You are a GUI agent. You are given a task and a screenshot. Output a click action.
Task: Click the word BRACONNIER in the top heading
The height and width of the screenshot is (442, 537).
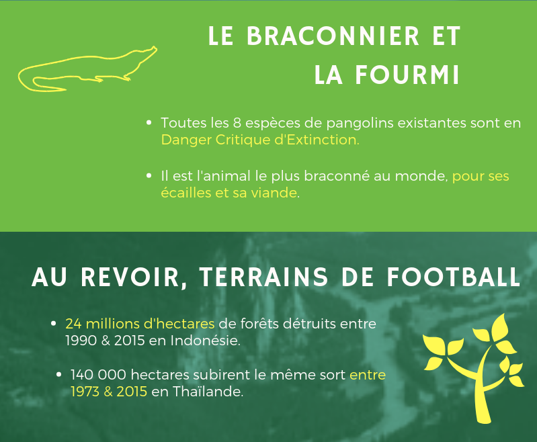(333, 36)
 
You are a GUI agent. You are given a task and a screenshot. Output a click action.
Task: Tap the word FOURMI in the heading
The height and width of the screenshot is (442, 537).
(407, 75)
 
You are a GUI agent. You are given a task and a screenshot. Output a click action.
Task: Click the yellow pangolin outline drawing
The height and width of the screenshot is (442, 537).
(87, 69)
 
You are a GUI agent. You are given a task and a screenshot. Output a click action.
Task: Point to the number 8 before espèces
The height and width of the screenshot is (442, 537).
(237, 123)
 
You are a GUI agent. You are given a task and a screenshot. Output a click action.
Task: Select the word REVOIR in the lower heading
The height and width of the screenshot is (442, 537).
(130, 277)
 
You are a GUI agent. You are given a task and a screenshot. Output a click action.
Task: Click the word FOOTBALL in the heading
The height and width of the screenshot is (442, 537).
(454, 277)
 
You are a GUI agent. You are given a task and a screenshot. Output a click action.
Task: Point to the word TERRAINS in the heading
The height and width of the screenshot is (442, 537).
(264, 277)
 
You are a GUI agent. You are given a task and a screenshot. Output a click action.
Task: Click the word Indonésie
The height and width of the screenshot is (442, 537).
(205, 341)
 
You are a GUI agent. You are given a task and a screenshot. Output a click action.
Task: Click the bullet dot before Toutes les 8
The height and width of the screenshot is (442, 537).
(149, 122)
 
